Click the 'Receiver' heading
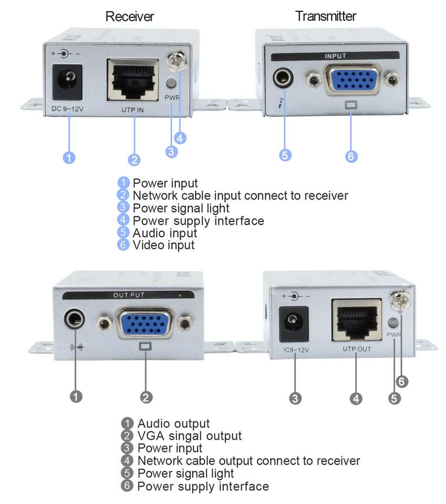[x=130, y=16]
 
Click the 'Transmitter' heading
[x=326, y=16]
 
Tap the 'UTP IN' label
[x=132, y=110]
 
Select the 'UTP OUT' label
[x=357, y=349]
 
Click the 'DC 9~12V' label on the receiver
[x=68, y=109]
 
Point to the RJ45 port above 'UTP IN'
[x=133, y=80]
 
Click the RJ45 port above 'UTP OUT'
[x=357, y=320]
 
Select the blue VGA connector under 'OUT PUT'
[x=145, y=323]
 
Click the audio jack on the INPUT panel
[x=283, y=78]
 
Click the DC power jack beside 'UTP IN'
[x=67, y=82]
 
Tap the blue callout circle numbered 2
[x=134, y=160]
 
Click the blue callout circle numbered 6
[x=351, y=156]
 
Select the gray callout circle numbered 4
[x=356, y=399]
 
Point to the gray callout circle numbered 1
[x=76, y=396]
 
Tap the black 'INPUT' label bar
[x=335, y=56]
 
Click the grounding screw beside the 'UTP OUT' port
[x=400, y=300]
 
